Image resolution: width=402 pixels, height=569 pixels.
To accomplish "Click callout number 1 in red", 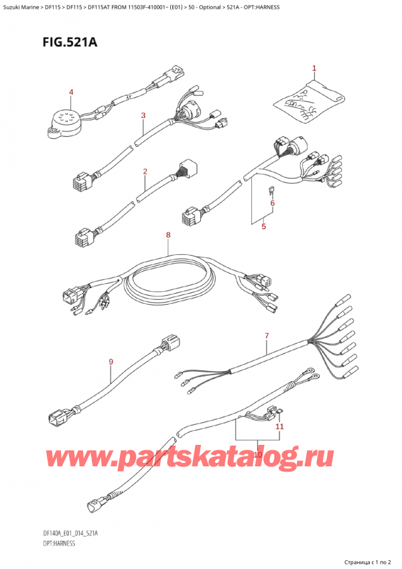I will click(x=314, y=68).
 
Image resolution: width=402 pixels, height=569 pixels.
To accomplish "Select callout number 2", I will click(x=145, y=172).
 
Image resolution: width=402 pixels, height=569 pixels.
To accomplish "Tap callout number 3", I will click(x=143, y=115).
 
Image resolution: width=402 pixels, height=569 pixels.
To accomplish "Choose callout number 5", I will click(x=263, y=227).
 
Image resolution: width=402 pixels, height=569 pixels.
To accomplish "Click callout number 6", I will click(x=272, y=203).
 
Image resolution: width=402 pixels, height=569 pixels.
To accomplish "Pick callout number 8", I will click(x=168, y=235).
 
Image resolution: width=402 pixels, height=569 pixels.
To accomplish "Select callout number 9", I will click(x=111, y=363).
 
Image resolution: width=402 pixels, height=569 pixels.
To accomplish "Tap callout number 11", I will click(x=279, y=426).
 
